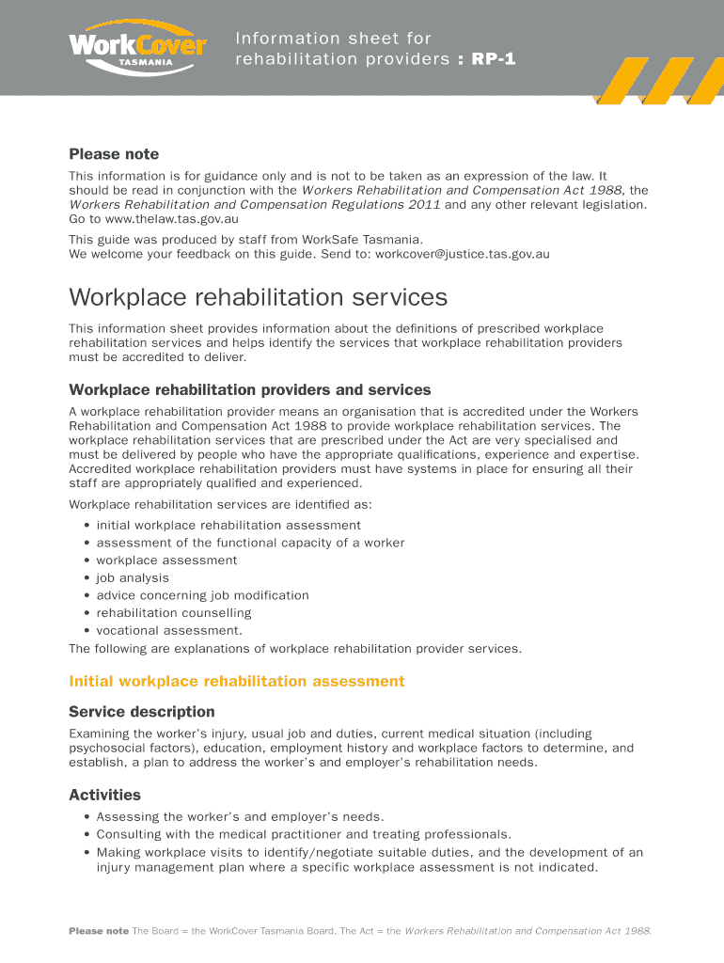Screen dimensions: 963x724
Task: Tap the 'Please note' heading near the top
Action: pos(114,154)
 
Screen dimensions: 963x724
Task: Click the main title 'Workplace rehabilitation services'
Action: pos(259,298)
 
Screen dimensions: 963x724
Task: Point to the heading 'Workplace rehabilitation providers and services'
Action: pos(250,389)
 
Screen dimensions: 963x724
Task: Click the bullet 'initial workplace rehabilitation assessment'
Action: pos(228,526)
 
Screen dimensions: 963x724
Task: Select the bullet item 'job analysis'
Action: pos(133,578)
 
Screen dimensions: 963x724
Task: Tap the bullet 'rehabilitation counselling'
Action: pos(174,613)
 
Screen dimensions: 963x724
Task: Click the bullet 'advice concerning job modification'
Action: pos(202,595)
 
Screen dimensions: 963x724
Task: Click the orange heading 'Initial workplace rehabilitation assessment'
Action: pos(237,681)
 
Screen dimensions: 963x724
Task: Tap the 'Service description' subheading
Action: pos(142,712)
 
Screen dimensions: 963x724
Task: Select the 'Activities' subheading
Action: pos(105,796)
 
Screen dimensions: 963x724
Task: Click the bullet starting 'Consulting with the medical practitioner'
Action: pos(304,834)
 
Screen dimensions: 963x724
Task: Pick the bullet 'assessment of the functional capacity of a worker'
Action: pos(250,543)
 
